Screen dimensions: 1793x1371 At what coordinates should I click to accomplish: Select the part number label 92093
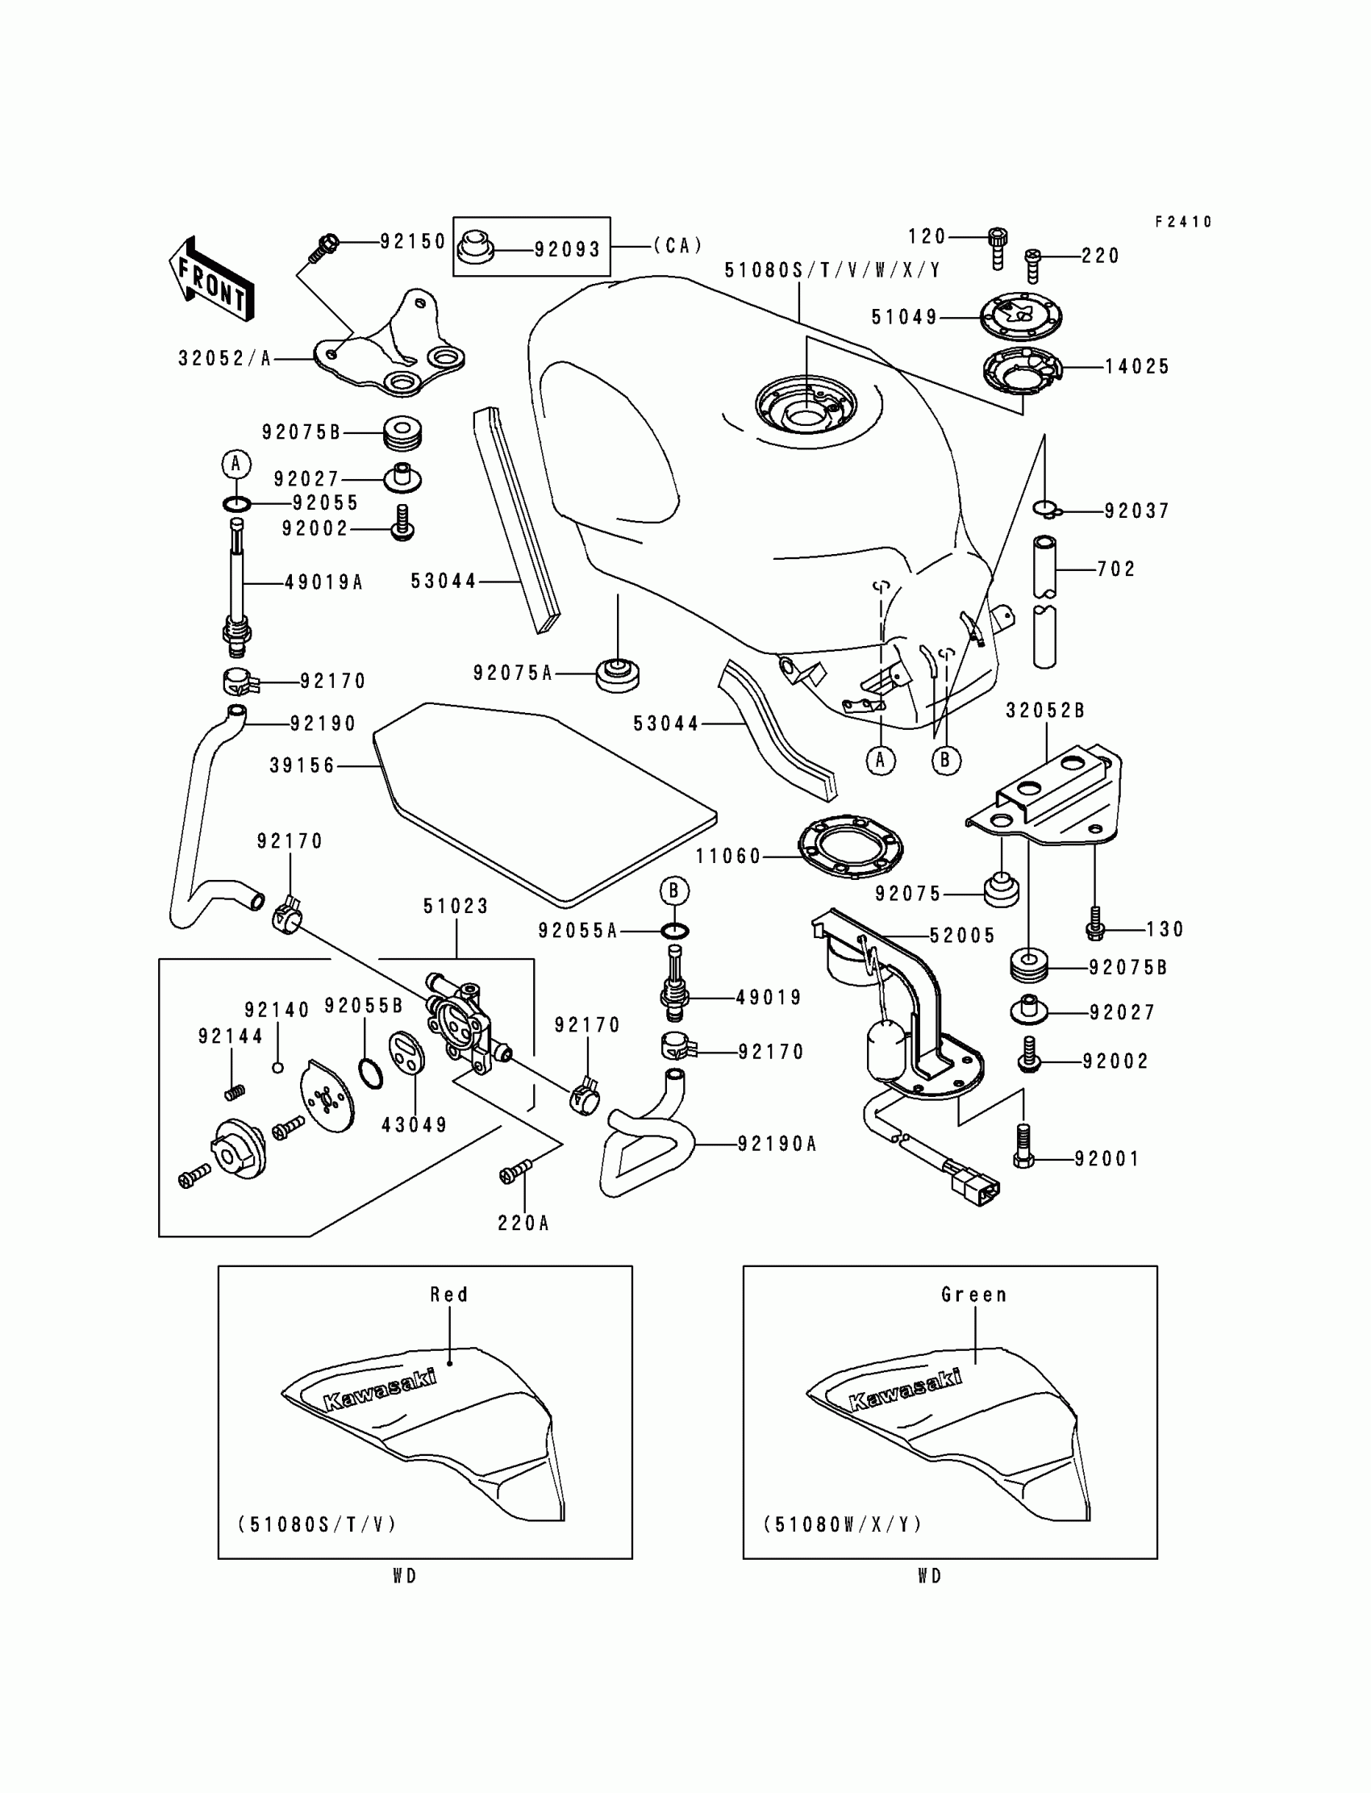(x=567, y=249)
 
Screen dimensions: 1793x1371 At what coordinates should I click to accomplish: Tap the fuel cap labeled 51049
(x=1021, y=316)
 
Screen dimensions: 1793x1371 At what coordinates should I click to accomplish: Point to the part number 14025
(x=1137, y=367)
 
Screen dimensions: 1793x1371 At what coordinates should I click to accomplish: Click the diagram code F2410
(x=1183, y=222)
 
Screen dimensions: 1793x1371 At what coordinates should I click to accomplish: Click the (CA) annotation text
(x=678, y=246)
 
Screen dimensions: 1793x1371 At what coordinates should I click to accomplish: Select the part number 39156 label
(x=302, y=765)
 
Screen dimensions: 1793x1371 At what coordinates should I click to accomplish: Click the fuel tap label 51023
(x=456, y=906)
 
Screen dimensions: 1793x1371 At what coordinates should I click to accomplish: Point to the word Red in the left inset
(x=449, y=1295)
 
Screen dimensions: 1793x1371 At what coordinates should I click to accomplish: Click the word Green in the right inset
(x=973, y=1295)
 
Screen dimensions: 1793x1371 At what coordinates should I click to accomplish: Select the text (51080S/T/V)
(x=318, y=1524)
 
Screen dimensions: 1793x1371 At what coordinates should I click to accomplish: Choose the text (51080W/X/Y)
(x=843, y=1524)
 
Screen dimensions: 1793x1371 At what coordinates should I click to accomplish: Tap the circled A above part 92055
(x=235, y=465)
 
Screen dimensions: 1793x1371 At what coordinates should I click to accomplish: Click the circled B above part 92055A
(x=674, y=890)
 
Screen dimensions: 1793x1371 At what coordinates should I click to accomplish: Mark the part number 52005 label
(x=963, y=936)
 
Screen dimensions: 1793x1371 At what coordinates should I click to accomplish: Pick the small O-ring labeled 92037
(x=1045, y=510)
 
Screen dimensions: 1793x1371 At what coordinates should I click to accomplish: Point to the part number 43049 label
(x=415, y=1124)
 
